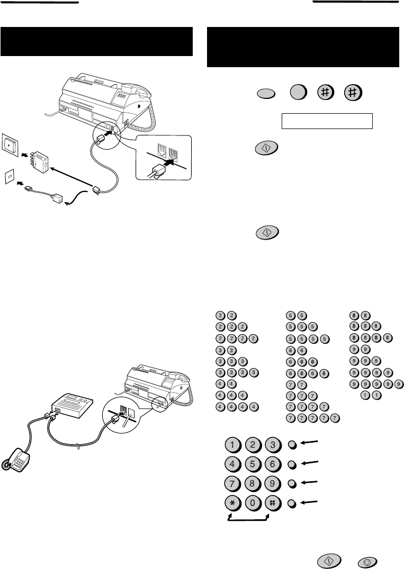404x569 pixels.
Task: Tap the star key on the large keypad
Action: pos(232,503)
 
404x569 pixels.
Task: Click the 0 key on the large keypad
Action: pos(253,503)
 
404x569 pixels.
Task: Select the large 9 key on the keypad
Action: pos(273,484)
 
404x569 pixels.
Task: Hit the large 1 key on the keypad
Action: pos(232,445)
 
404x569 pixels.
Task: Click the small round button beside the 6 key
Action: pos(292,464)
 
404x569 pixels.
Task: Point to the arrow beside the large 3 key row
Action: pos(309,443)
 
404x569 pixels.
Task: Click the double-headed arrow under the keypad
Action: pos(248,520)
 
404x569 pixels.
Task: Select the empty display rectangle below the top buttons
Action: pos(327,121)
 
